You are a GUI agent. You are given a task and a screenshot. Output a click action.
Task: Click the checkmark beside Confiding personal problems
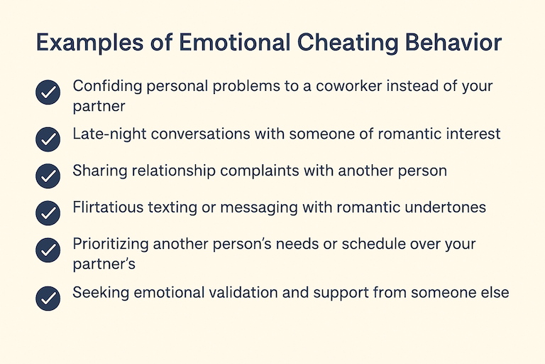tap(48, 93)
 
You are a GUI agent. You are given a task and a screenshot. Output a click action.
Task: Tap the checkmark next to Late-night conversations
tap(48, 139)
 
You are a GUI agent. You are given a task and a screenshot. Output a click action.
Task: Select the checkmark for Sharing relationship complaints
tap(48, 176)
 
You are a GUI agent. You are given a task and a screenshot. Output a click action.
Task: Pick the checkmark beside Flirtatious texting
tap(48, 213)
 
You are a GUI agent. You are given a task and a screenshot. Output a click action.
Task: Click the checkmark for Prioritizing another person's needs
tap(48, 250)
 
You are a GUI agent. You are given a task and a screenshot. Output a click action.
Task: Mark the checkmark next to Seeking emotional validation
tap(48, 298)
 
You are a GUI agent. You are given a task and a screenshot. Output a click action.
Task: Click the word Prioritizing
tap(111, 245)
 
